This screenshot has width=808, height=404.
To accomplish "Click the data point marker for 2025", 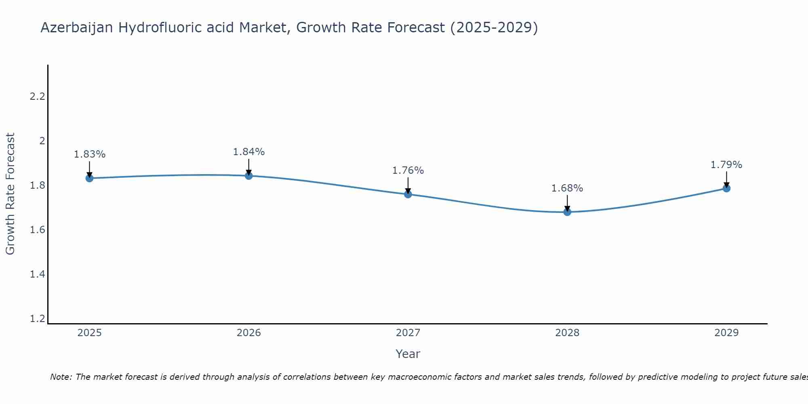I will point(89,178).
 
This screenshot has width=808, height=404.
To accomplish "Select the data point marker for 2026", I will point(249,176).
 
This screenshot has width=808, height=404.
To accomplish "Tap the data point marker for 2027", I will point(408,194).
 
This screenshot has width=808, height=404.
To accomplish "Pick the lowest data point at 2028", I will point(567,212).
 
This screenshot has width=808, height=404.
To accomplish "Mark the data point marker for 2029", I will point(726,188).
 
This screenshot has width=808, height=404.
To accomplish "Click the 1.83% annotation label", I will point(89,154).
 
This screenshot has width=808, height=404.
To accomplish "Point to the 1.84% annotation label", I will point(249,152).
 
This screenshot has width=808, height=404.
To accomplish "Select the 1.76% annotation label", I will point(408,170).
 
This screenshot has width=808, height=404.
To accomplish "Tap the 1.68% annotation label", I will point(567,188).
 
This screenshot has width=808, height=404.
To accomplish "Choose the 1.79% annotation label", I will point(726,165).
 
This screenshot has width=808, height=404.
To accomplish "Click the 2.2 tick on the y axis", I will point(38,97).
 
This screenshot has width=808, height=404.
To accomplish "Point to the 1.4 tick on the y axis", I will point(38,274).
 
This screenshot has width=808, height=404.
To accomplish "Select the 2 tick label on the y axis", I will point(42,141).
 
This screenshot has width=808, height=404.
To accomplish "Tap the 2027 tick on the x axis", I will point(408,333).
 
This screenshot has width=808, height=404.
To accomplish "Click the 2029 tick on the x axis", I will point(726,333).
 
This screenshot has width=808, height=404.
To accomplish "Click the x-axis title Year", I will point(408,354).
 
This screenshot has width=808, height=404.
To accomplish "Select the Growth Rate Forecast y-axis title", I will point(10,194).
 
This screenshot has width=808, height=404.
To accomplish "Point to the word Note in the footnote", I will point(61,377).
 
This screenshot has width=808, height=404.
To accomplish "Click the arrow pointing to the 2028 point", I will point(567,203).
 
